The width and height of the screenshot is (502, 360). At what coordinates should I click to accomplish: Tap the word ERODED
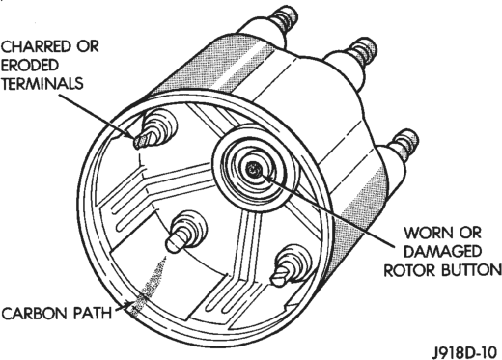click(x=30, y=66)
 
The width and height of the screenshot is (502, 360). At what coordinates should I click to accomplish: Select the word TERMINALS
click(x=42, y=84)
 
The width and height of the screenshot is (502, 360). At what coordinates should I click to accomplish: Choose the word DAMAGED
click(x=442, y=252)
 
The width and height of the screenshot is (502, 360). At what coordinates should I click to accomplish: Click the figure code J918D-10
click(x=465, y=351)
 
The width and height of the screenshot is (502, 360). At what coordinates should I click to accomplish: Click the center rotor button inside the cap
click(x=254, y=169)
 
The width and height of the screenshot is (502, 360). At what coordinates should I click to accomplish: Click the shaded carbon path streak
click(x=149, y=287)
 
